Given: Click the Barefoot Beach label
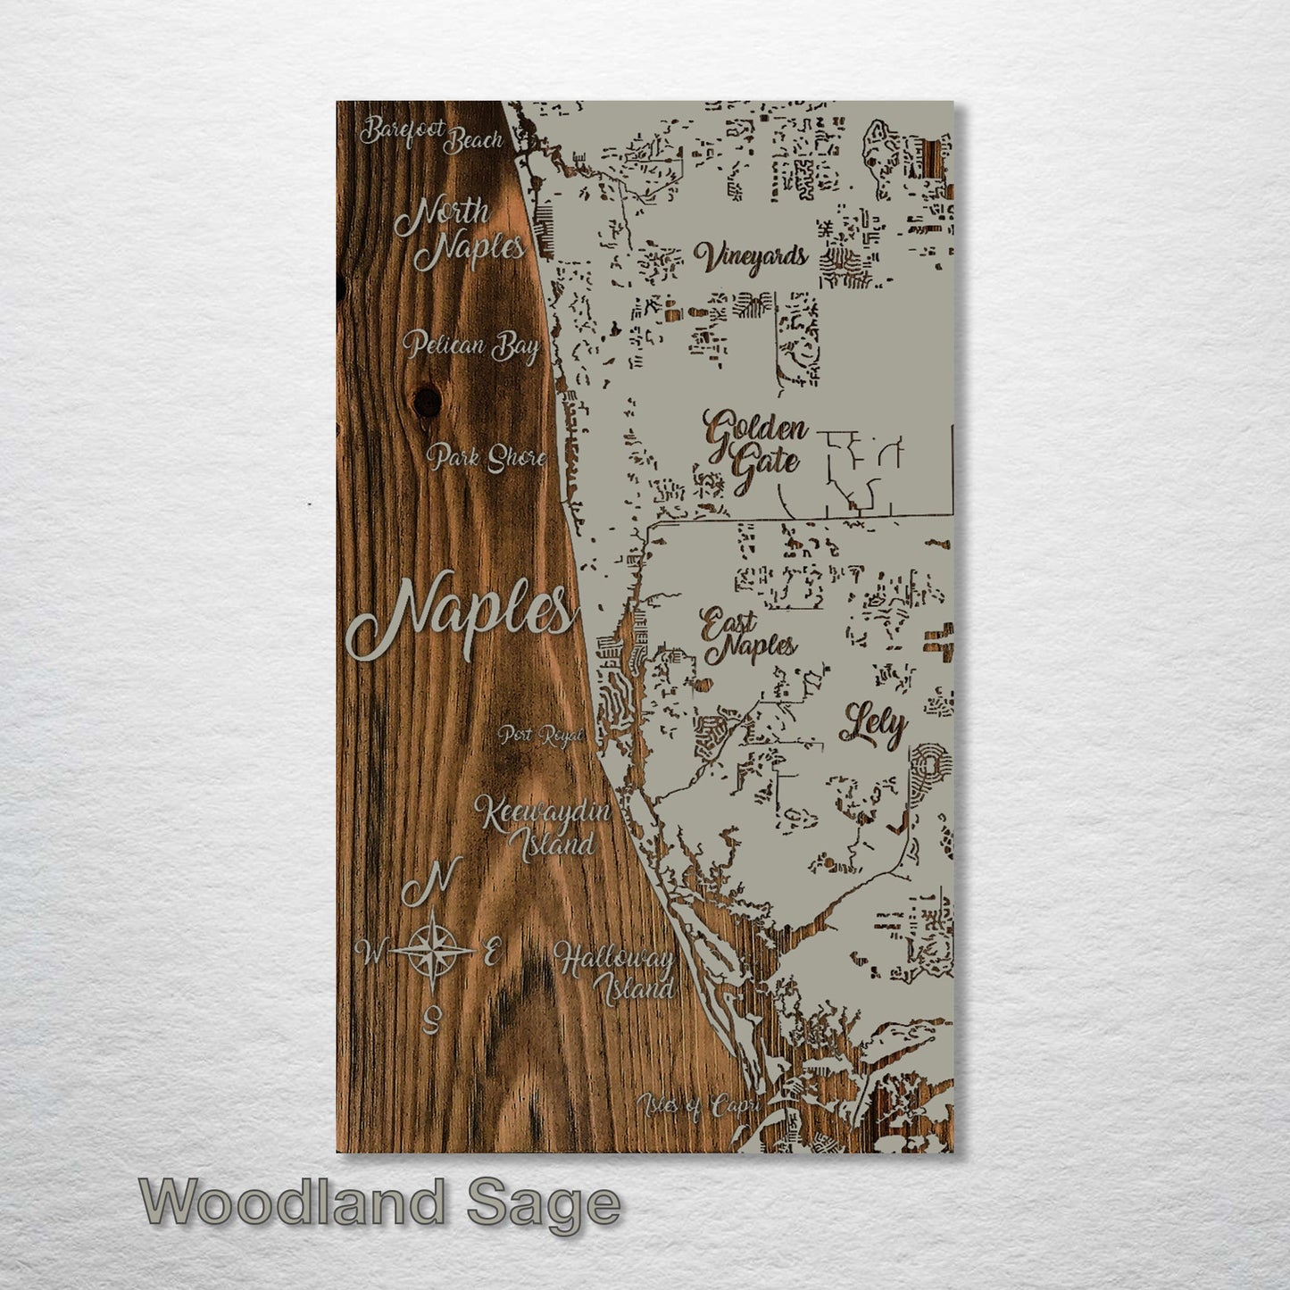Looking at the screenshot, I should point(431,135).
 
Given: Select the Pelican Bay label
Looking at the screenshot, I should point(470,345).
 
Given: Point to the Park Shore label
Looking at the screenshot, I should point(487,458).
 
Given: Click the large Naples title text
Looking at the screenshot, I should point(459,616).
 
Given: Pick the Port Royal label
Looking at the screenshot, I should point(541,735).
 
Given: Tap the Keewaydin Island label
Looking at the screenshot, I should point(543,827).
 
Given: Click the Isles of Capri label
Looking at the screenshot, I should point(698,1106).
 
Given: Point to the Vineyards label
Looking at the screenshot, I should point(751,257).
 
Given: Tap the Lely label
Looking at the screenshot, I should point(872,728).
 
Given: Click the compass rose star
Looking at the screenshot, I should point(432,951).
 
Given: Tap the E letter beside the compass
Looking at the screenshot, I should point(489,952).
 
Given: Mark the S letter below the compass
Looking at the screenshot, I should point(434,1017).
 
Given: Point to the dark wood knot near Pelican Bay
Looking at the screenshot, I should point(428,400).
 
